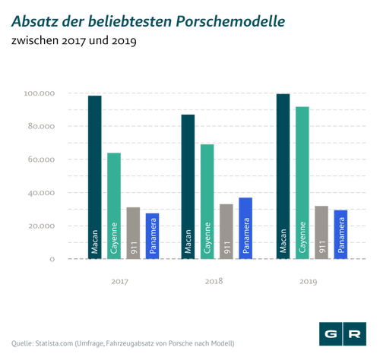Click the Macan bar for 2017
95,177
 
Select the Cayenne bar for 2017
114,206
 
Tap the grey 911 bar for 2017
133,233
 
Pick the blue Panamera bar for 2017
152,236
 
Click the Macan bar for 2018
188,187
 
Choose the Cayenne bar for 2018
207,202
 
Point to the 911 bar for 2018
226,232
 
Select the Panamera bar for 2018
245,229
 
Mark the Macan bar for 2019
283,176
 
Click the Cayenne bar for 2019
302,183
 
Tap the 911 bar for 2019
321,232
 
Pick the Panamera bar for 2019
340,235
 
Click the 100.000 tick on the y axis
40,93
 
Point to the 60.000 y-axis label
41,159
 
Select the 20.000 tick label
41,226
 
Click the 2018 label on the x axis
214,281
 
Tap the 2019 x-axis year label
309,282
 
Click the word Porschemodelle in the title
230,21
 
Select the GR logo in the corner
343,334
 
